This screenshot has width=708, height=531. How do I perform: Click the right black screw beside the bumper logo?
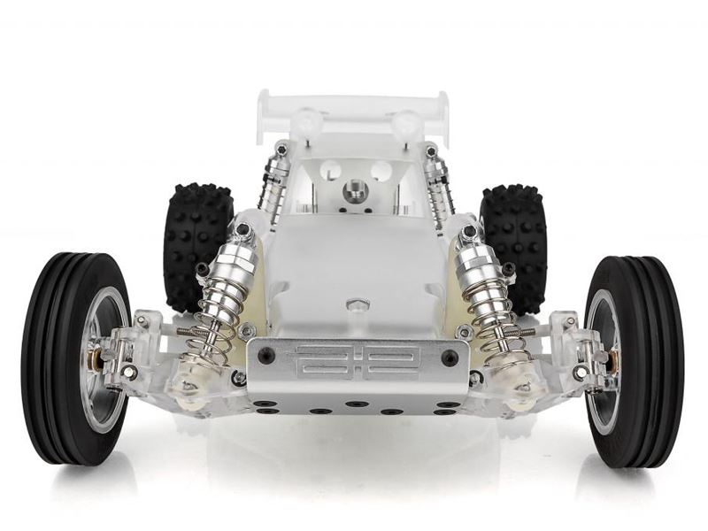pyautogui.click(x=450, y=358)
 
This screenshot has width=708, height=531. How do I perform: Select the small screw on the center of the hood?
pyautogui.click(x=357, y=305)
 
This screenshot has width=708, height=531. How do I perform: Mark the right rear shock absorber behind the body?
pyautogui.click(x=436, y=186)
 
